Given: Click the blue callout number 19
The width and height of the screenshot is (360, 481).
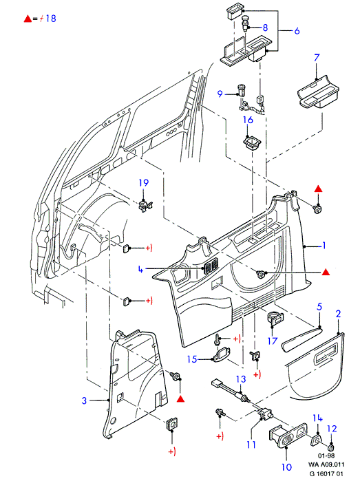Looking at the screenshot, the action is tap(144, 183).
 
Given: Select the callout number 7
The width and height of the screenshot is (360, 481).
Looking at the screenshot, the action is tap(317, 58).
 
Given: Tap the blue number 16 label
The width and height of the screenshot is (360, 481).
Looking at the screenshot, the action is tap(248, 120).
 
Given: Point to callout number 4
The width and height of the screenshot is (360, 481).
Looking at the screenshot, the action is tap(140, 270).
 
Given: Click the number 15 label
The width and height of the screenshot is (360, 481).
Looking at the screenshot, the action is tap(192, 359).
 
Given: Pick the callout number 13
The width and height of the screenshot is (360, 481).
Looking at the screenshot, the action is tap(241, 379).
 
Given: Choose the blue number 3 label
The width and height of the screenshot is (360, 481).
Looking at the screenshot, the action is tap(84, 400).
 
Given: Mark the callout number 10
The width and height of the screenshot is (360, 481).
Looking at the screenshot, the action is tap(286, 467).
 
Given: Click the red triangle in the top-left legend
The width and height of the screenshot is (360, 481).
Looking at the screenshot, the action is tap(28, 19).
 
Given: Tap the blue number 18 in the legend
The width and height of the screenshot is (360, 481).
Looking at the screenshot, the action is tap(51, 19).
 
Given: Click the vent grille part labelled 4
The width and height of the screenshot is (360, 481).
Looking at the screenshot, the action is tap(210, 266).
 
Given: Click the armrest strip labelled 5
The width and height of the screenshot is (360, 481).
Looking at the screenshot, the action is tap(301, 339).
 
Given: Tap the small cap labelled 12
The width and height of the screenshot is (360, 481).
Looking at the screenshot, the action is tap(331, 447).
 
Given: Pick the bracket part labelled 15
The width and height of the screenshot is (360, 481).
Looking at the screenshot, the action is tap(222, 354).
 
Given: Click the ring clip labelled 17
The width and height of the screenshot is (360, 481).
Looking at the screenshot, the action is tap(275, 319).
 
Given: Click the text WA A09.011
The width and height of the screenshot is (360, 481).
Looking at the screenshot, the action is tap(326, 464).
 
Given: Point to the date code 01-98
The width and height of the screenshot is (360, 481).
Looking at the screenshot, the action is tap(326, 456).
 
